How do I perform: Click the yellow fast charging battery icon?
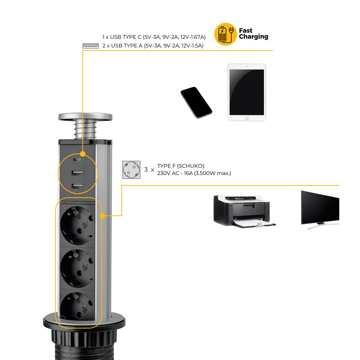[x=225, y=34]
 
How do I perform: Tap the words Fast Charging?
[x=253, y=34]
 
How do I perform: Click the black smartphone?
[x=196, y=102]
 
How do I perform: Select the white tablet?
[x=246, y=92]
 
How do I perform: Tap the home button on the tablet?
[x=246, y=119]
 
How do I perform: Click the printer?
[x=244, y=211]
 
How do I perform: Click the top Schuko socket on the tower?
[x=77, y=225]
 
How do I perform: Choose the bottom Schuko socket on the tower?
[x=77, y=307]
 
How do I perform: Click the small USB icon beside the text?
[x=90, y=46]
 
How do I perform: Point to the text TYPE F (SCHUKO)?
[x=181, y=166]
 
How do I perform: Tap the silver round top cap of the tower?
[x=85, y=117]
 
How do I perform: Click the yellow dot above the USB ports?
[x=83, y=154]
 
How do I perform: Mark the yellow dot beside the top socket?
[x=102, y=216]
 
